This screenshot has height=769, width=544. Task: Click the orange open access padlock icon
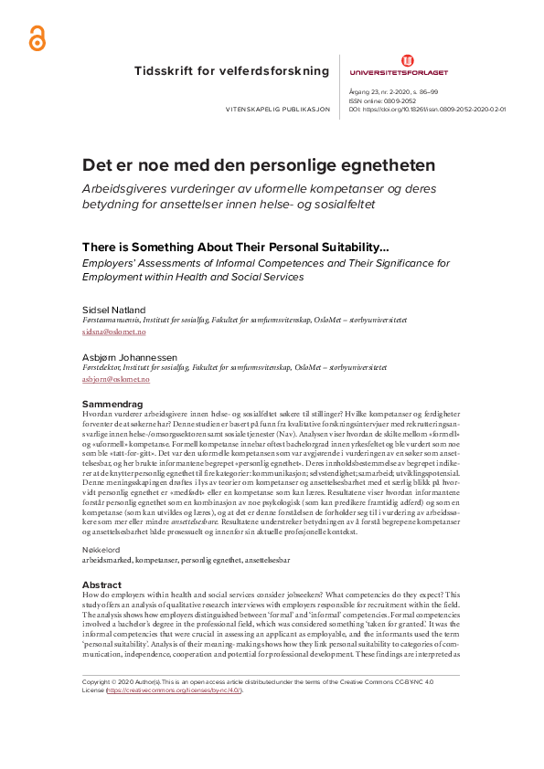click(36, 38)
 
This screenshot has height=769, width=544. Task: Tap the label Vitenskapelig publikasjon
click(266, 109)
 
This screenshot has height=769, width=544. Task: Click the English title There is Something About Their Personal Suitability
click(235, 247)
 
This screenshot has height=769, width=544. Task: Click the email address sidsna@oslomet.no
click(108, 333)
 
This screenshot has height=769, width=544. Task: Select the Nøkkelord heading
click(101, 525)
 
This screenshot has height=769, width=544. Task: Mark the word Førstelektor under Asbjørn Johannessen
click(102, 366)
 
